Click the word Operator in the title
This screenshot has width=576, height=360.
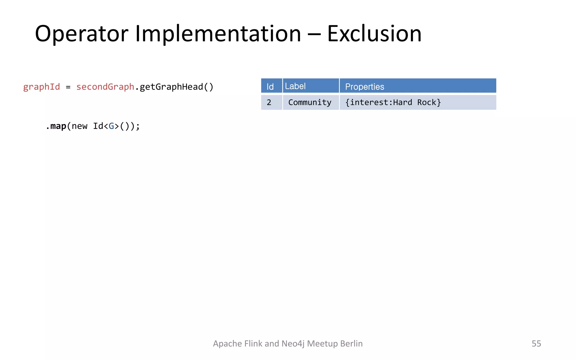coord(82,34)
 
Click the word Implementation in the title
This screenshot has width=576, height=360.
coord(218,34)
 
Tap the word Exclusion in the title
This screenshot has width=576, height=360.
coord(374,34)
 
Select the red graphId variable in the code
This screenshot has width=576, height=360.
coord(41,87)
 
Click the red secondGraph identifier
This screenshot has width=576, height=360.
coord(105,87)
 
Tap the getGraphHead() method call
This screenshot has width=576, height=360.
coord(177,87)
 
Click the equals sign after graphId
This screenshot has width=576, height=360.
coord(68,87)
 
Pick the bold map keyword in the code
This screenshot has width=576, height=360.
coord(58,126)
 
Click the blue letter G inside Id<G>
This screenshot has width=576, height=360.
coord(111,126)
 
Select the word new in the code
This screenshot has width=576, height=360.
coord(79,126)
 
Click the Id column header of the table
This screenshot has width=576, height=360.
coord(270,86)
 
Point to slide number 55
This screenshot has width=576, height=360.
coord(536,343)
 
